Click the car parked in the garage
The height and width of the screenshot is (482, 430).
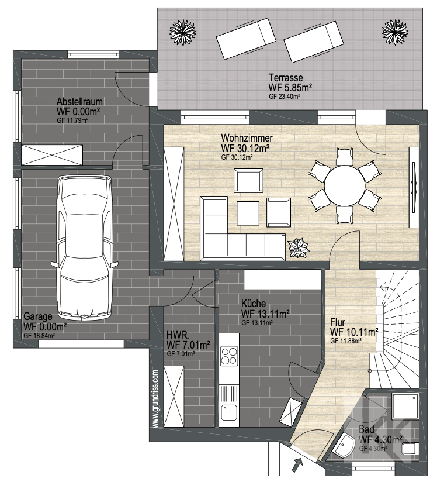tap(84, 247)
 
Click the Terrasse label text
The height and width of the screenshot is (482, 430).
tap(286, 77)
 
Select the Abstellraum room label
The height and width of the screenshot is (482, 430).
tap(79, 102)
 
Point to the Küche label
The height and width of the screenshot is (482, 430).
tap(254, 304)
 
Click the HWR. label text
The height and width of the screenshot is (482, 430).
tap(178, 335)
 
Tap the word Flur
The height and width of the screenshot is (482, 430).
tap(338, 322)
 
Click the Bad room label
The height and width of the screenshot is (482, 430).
tap(366, 429)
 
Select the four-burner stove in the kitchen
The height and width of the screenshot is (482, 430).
tap(229, 356)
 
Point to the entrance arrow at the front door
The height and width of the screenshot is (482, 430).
tap(296, 465)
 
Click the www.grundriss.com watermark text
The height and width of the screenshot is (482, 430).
tap(155, 399)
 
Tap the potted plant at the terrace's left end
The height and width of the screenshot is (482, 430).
tap(183, 32)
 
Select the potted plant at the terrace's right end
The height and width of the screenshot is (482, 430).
tap(395, 32)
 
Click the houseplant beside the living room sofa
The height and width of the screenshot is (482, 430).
tap(299, 248)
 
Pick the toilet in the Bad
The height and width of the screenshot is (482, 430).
tap(410, 449)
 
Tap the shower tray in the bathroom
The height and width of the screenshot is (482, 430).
tap(405, 406)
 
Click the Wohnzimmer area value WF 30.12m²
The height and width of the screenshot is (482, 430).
tap(245, 148)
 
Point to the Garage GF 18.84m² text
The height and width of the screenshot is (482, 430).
tap(39, 336)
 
